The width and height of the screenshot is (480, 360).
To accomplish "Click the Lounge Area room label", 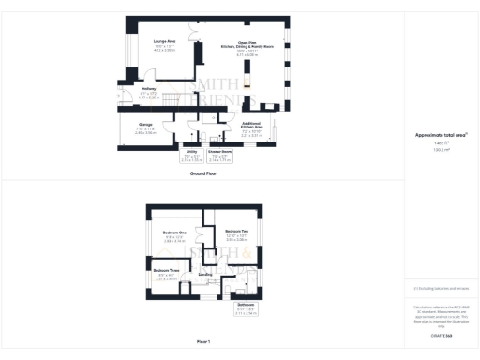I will pyautogui.click(x=165, y=42).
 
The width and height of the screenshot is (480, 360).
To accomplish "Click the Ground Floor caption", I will pyautogui.click(x=203, y=174).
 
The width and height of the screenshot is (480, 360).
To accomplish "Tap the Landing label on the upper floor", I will pyautogui.click(x=205, y=274).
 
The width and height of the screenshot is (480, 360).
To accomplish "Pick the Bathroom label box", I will pyautogui.click(x=246, y=307).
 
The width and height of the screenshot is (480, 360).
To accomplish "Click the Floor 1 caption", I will pyautogui.click(x=203, y=341).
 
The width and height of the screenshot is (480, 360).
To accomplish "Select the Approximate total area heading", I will pyautogui.click(x=441, y=135).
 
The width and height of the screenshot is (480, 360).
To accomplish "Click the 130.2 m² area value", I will pyautogui.click(x=441, y=148).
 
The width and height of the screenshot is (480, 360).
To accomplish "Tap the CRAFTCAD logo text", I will pyautogui.click(x=441, y=335).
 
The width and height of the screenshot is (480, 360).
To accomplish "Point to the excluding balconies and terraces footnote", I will pyautogui.click(x=441, y=289).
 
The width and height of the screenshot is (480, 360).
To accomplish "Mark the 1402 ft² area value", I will pyautogui.click(x=441, y=142).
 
